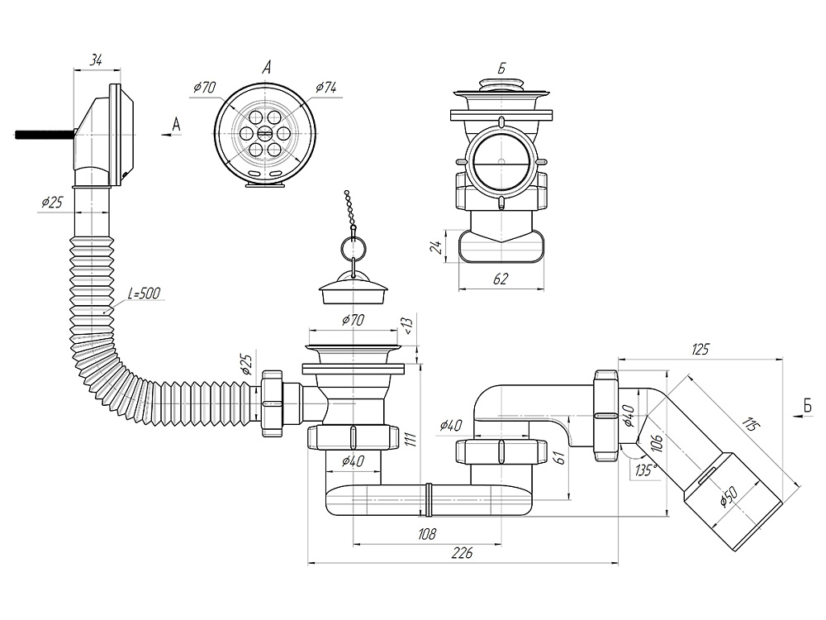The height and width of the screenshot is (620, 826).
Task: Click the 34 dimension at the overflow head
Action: click(x=96, y=59)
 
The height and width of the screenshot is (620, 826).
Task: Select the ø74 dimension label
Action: click(x=326, y=86)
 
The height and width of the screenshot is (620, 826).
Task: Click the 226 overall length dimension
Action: click(x=462, y=553)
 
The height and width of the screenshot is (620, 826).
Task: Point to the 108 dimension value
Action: click(x=427, y=534)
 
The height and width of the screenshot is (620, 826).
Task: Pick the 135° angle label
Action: click(x=646, y=471)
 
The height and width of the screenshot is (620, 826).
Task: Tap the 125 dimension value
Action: click(x=700, y=350)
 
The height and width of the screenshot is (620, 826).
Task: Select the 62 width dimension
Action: click(x=501, y=279)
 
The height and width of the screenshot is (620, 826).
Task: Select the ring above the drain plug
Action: click(x=351, y=248)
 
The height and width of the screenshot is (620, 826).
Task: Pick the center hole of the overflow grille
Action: click(x=265, y=133)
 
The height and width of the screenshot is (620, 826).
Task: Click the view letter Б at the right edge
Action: click(x=805, y=404)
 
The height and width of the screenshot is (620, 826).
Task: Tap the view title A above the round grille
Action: click(x=266, y=68)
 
